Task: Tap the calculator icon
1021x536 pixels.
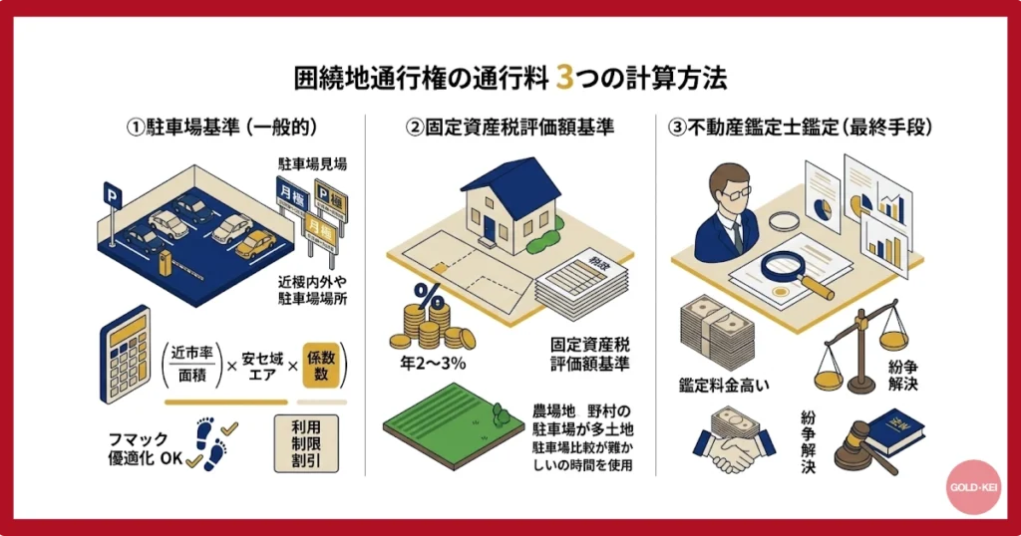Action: click(x=124, y=355)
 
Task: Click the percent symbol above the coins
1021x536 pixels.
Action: click(x=428, y=296)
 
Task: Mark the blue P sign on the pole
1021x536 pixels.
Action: click(x=111, y=191)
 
